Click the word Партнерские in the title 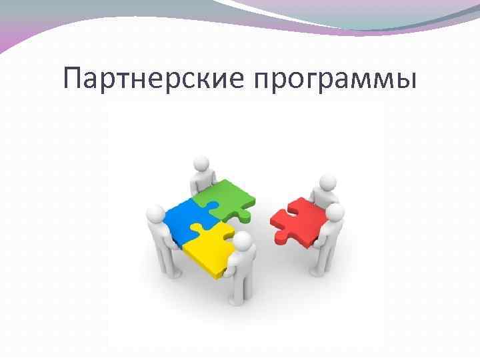pos(154,79)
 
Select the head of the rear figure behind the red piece pos(326,183)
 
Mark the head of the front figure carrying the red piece pos(334,214)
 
